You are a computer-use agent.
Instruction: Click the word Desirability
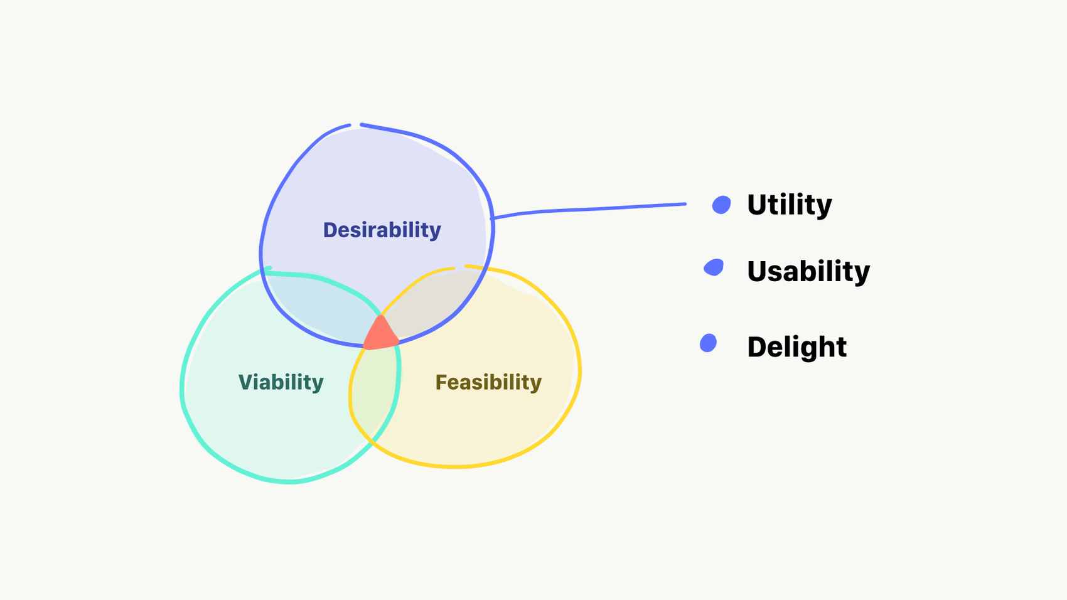[382, 230]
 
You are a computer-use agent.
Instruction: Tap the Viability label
[281, 382]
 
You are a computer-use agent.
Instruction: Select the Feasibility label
[488, 382]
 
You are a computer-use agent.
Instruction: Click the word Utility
[789, 205]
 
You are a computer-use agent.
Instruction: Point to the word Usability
[808, 271]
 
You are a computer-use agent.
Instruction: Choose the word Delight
[796, 346]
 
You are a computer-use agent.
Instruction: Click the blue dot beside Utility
[722, 205]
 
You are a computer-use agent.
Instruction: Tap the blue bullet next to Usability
[714, 267]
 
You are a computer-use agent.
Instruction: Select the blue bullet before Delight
[709, 343]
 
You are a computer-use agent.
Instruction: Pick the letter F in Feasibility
[442, 382]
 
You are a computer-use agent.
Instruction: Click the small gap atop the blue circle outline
[356, 125]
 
